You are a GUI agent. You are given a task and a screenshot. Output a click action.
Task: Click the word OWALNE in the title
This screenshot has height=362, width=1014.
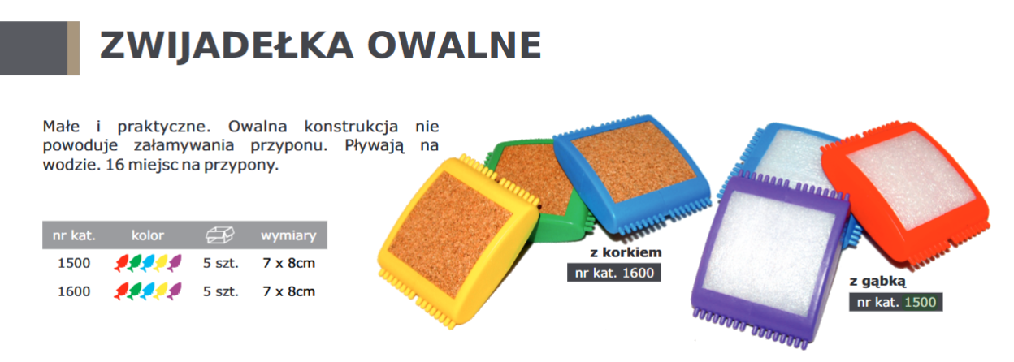(454, 45)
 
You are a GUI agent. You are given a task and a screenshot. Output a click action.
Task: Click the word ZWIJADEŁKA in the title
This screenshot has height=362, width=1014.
(226, 45)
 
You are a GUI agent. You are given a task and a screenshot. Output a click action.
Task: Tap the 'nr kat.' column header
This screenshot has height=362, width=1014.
(74, 235)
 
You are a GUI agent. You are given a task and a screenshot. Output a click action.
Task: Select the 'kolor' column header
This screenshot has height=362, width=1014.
(148, 235)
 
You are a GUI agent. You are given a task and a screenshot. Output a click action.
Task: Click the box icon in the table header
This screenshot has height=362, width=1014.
(220, 235)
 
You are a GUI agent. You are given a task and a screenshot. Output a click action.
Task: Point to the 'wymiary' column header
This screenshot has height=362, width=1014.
(288, 236)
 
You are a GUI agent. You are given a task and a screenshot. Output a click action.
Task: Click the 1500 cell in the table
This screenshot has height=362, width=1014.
(74, 263)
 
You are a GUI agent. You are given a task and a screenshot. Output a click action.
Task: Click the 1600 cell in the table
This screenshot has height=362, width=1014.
(74, 291)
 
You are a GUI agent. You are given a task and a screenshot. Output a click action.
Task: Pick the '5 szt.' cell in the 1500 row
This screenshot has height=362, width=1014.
(220, 263)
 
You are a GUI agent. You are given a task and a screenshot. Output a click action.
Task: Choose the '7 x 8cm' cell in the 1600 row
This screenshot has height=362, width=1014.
(288, 291)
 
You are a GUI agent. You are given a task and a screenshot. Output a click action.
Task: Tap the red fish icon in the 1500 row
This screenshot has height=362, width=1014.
(121, 263)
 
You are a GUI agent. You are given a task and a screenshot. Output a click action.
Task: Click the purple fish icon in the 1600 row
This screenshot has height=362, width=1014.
(174, 291)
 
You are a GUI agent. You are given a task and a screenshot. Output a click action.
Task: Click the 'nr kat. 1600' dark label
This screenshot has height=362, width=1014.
(613, 273)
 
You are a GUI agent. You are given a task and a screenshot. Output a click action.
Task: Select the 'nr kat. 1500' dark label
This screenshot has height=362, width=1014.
(896, 302)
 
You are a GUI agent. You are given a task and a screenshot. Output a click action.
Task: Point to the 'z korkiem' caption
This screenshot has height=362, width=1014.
(626, 252)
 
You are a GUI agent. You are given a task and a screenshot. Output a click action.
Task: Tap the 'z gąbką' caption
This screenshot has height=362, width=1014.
(877, 282)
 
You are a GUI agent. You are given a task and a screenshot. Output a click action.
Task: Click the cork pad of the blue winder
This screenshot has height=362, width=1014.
(634, 167)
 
